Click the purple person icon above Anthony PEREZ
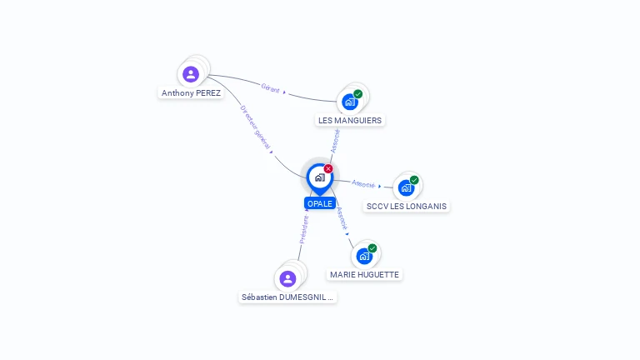191,74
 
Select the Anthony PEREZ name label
192,93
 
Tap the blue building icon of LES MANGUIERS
350,102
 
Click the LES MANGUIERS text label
350,120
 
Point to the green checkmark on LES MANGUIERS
358,94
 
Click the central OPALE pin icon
319,177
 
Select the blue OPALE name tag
319,203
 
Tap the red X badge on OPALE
328,169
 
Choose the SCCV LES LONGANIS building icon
406,187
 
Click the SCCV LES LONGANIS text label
407,206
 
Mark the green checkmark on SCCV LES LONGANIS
414,180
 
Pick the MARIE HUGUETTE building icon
364,256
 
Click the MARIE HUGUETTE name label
364,274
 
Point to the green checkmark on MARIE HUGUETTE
372,248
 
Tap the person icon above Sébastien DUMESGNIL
288,278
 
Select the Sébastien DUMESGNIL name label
287,297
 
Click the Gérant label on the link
271,87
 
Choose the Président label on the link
304,229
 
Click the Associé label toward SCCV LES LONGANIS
363,183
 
